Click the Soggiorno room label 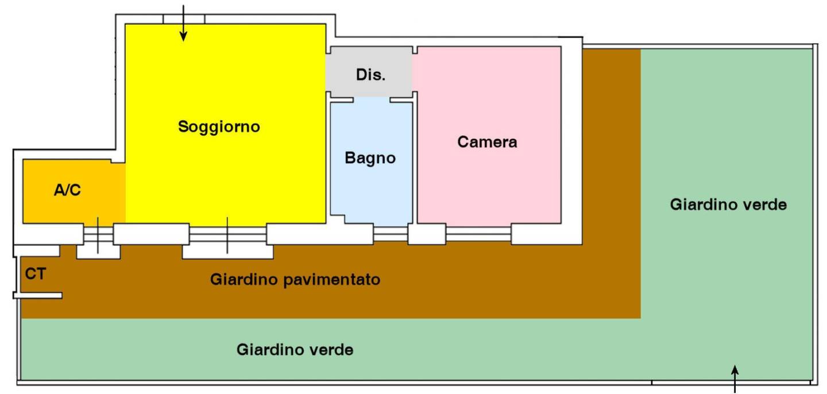(219, 127)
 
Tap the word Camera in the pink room (487, 142)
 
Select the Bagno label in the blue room (370, 158)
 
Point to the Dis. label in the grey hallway (370, 75)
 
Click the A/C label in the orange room (67, 190)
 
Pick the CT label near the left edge (36, 274)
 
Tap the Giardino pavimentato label (295, 280)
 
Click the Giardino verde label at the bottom (295, 350)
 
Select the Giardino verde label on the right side (728, 204)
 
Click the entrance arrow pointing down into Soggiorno (183, 23)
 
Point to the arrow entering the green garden (735, 379)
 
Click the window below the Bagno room (391, 234)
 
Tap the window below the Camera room (478, 234)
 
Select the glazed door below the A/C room (98, 234)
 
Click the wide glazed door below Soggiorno (228, 234)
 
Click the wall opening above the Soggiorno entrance (184, 19)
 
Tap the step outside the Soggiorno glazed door (228, 252)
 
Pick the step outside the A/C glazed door (98, 252)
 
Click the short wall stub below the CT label (38, 295)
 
